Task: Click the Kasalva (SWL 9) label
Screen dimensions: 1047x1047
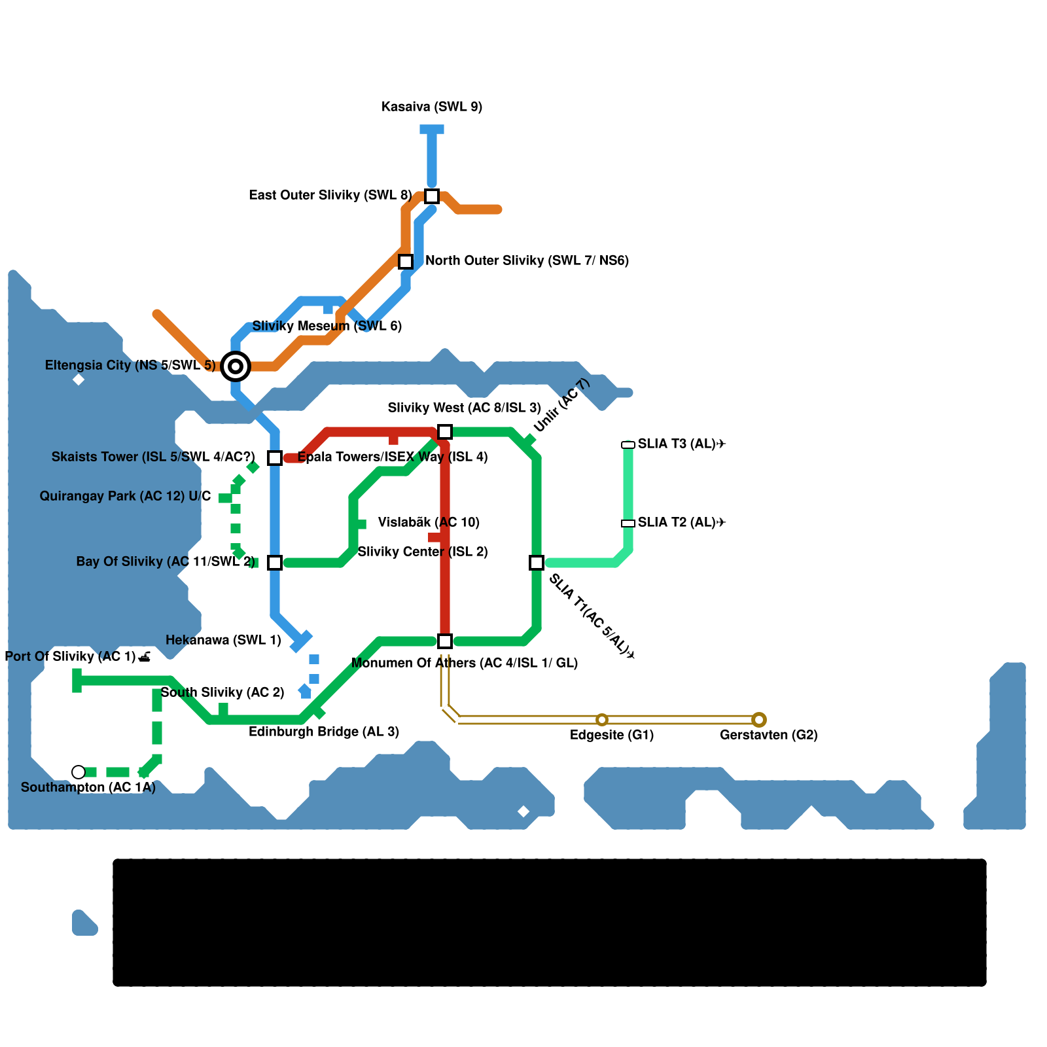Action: tap(432, 107)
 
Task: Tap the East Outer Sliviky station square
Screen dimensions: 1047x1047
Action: tap(432, 196)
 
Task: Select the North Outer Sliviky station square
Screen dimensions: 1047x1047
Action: tap(406, 262)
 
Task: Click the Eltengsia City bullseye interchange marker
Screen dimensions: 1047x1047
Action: tap(236, 366)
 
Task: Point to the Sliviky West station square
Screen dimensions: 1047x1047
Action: tap(445, 432)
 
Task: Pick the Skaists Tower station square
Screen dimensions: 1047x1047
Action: tap(275, 458)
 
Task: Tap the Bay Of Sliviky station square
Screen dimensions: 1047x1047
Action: tap(275, 563)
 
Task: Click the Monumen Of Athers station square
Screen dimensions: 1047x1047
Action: tap(445, 641)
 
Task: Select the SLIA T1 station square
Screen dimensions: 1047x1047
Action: tap(537, 563)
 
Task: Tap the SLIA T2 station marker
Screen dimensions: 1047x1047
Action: tap(628, 523)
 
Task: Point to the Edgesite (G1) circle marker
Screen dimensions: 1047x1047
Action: tap(602, 720)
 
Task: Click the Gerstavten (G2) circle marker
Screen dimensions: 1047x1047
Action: tap(759, 720)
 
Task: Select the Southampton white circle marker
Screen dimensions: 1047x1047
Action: tap(79, 772)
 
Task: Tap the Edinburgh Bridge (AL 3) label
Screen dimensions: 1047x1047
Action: tap(324, 732)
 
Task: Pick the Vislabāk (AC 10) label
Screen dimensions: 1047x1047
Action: tap(429, 522)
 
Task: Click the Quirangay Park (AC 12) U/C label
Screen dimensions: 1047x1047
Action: tap(125, 496)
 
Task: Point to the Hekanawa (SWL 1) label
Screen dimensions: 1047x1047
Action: tap(223, 640)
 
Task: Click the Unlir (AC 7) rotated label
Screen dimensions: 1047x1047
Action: tap(561, 406)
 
